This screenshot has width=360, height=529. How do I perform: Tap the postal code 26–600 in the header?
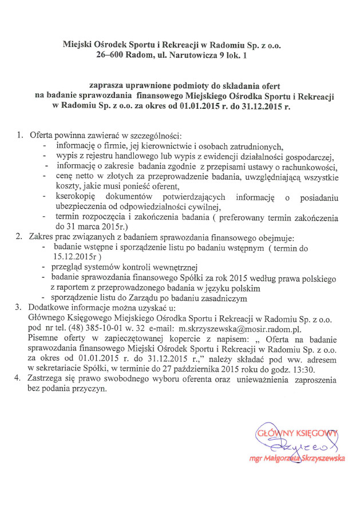pyautogui.click(x=113, y=56)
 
